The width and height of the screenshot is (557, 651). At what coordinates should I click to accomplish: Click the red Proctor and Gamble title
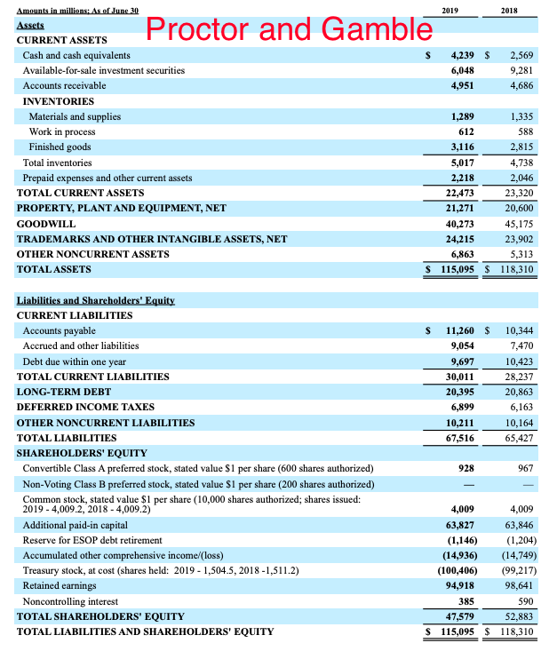pyautogui.click(x=288, y=29)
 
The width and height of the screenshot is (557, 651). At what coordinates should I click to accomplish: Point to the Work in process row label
pyautogui.click(x=62, y=131)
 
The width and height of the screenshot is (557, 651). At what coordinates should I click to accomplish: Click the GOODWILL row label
pyautogui.click(x=46, y=223)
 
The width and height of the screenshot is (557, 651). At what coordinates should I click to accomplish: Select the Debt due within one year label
pyautogui.click(x=75, y=361)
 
